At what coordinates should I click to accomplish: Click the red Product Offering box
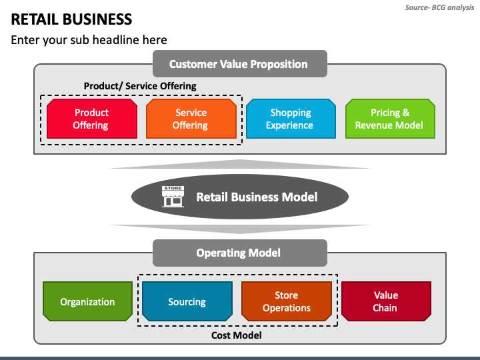92,119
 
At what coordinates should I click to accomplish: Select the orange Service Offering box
191,119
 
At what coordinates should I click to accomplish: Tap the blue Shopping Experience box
291,119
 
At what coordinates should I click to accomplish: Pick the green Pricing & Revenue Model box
390,119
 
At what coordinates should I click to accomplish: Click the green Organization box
87,301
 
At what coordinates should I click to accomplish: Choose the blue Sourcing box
187,301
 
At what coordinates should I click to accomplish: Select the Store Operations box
287,301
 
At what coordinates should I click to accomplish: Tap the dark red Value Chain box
386,301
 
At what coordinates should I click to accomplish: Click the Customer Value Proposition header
240,64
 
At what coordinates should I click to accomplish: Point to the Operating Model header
240,253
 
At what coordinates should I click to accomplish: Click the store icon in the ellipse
173,197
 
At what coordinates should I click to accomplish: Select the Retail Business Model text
257,197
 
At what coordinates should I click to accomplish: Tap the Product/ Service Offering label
140,86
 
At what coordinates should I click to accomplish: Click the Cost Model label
236,335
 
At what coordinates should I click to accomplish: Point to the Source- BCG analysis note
439,7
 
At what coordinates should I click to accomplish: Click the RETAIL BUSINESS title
71,19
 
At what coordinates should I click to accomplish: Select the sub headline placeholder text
89,40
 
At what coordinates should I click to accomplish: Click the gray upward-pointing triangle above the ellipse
240,164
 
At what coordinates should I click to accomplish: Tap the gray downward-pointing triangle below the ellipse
240,229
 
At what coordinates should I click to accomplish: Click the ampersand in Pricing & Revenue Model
406,113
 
